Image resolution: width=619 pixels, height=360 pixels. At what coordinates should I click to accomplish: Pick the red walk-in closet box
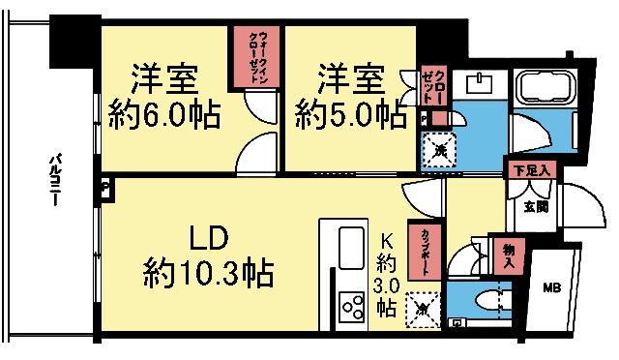point(253,57)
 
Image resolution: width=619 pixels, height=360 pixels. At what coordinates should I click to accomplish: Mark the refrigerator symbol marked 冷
point(423,309)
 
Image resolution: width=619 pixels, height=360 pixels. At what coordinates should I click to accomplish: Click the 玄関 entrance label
point(536,205)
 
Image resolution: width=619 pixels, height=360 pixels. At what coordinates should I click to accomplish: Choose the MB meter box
point(549,287)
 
